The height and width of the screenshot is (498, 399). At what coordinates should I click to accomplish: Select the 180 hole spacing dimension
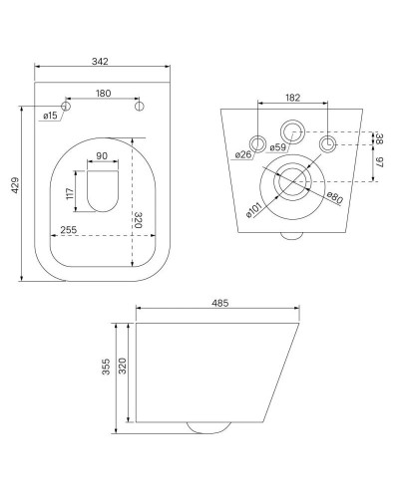tap(104, 94)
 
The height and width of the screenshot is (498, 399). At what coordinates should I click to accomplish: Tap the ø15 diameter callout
tap(50, 117)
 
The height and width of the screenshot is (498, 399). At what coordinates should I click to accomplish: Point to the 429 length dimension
tap(15, 191)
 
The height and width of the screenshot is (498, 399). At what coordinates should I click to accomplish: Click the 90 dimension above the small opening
tap(102, 155)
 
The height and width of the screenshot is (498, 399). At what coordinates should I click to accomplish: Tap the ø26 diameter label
tap(242, 154)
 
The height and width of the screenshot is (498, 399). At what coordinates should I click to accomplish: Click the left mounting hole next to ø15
tap(68, 106)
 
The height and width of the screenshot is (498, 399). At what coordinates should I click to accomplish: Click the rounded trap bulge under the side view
tap(207, 427)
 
